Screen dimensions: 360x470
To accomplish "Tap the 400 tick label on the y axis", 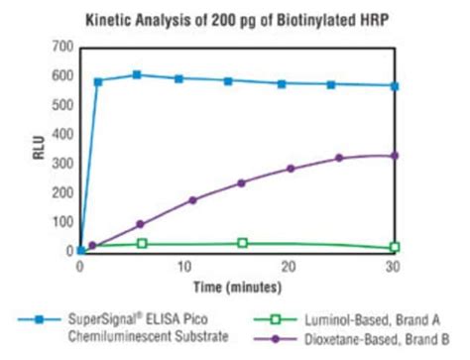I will (62, 134).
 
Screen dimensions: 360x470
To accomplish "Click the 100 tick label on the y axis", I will (62, 222).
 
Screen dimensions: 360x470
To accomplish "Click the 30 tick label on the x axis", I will (394, 266).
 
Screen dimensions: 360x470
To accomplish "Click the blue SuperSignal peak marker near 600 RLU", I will (137, 74).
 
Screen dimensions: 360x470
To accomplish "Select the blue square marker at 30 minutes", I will (395, 86).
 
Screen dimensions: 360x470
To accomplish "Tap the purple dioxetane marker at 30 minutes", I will (395, 156).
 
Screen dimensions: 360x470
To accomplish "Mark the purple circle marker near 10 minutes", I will (192, 200).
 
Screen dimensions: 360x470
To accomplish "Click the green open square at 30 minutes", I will (395, 247).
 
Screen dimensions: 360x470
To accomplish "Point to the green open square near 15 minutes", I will (243, 243).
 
